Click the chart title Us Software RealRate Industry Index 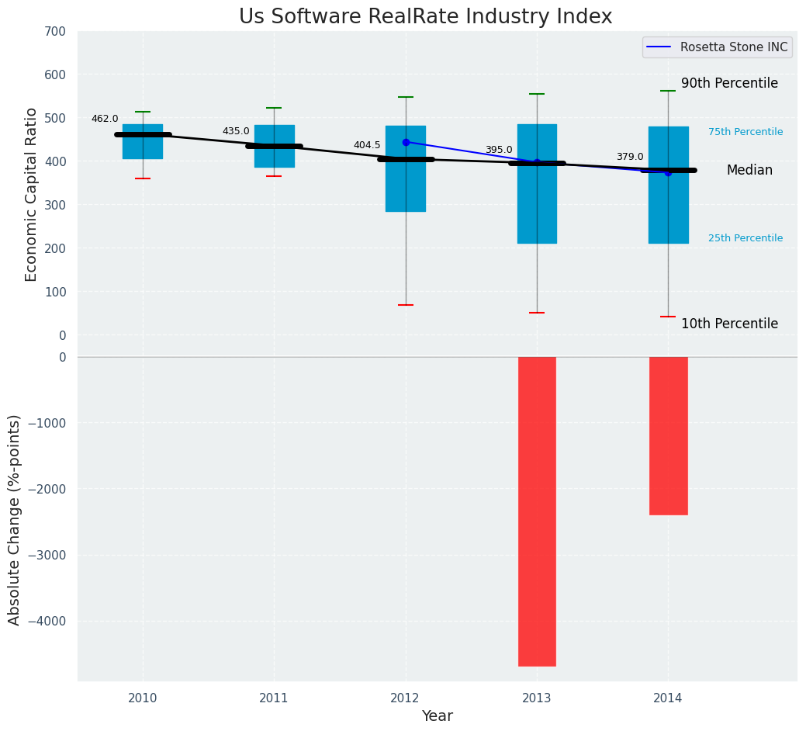click(x=425, y=17)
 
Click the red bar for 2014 click(x=668, y=435)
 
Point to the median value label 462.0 click(x=105, y=119)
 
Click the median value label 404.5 click(x=367, y=145)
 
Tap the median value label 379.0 click(x=630, y=157)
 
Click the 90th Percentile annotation click(x=729, y=84)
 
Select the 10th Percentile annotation click(x=729, y=324)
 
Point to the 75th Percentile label click(x=745, y=132)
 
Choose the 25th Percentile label click(x=745, y=238)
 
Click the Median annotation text click(x=749, y=171)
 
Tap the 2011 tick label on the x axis click(x=274, y=698)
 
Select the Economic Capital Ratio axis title click(x=32, y=194)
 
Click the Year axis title click(x=437, y=716)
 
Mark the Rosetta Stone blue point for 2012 click(x=406, y=142)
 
